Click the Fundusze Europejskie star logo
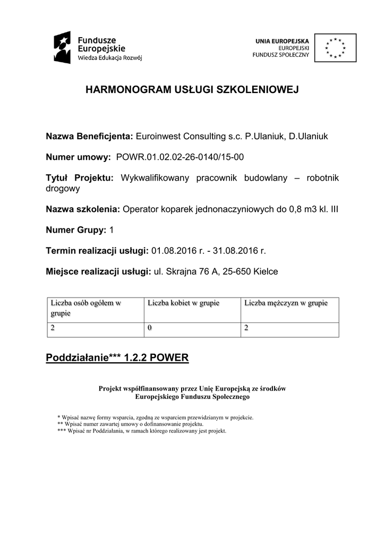[x=63, y=47]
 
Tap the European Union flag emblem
[x=335, y=48]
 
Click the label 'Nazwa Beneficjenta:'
[x=89, y=137]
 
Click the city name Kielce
[x=266, y=271]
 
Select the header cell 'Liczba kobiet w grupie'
[x=183, y=303]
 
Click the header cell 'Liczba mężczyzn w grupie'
[x=286, y=303]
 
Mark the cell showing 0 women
[x=150, y=328]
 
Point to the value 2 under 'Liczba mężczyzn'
[x=246, y=328]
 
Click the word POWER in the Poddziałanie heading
[x=169, y=358]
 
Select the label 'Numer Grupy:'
[x=76, y=230]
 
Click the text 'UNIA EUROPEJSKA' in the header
[x=283, y=40]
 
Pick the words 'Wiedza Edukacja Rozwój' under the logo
[x=110, y=57]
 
